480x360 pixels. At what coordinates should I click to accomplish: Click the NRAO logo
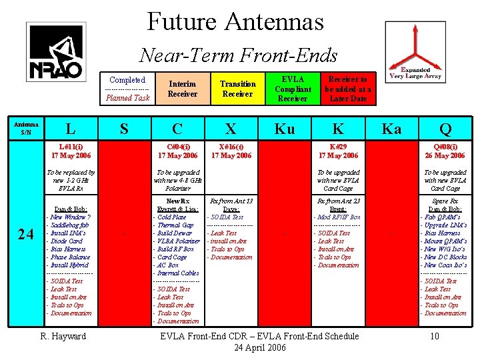55,51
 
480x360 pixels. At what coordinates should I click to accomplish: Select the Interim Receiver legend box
182,89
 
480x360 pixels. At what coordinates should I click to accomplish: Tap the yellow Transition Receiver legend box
237,89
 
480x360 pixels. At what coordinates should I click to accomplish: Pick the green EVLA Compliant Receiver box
293,89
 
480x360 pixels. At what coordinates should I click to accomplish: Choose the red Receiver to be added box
348,89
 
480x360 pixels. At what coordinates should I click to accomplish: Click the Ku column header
285,129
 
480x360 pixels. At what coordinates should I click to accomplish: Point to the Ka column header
391,129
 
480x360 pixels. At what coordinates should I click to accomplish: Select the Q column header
444,129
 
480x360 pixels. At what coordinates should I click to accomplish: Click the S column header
124,129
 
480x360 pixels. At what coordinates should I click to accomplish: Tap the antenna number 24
27,234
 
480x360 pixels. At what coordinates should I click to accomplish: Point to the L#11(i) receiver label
71,146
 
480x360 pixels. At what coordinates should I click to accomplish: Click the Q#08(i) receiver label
444,146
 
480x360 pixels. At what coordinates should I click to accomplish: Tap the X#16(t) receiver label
231,146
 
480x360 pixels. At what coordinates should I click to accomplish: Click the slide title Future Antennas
235,21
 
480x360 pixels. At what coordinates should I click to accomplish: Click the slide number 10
435,337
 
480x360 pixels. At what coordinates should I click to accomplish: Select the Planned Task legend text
128,98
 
